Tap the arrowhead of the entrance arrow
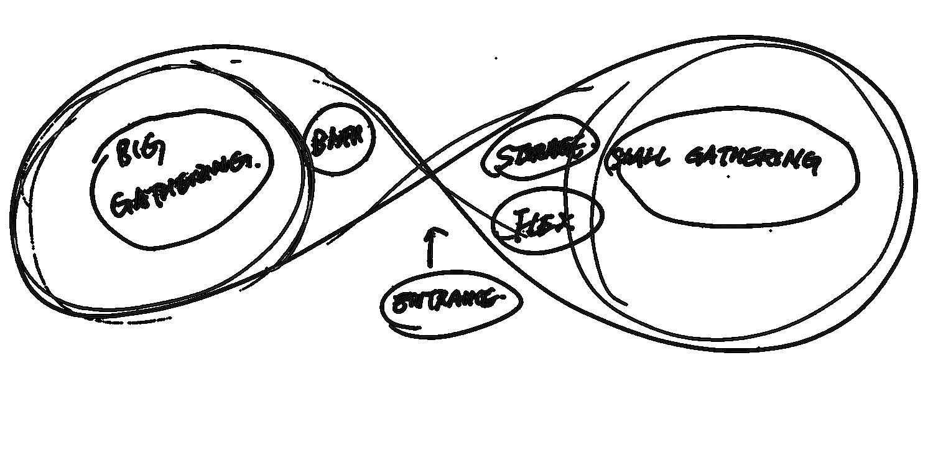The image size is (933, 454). [435, 232]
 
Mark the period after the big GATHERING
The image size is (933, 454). [258, 163]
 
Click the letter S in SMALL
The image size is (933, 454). [616, 161]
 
